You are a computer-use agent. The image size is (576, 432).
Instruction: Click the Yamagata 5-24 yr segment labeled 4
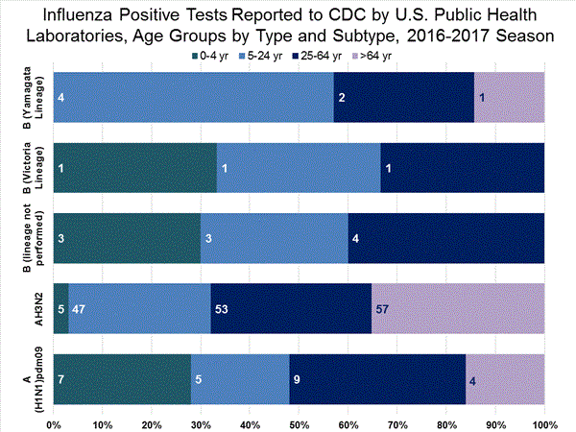194,98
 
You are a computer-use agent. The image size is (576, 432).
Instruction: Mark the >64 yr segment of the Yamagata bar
509,98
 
